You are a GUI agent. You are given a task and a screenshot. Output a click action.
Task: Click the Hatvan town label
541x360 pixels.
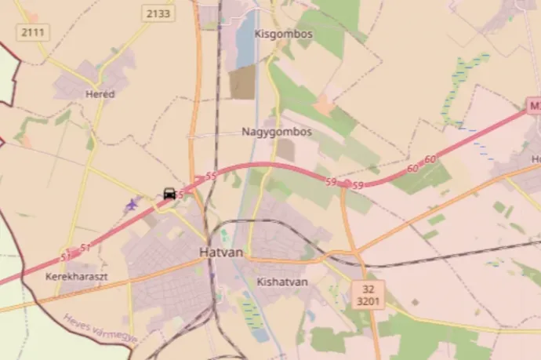[222, 253]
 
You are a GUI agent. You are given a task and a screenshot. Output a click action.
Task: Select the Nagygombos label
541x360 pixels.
[276, 132]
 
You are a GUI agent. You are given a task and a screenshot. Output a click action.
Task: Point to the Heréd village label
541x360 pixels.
[100, 93]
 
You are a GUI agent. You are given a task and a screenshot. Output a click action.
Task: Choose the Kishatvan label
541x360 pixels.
[282, 281]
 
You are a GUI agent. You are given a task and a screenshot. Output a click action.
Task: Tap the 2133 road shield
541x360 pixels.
[159, 13]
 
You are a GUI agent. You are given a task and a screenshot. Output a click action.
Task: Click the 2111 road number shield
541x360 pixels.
[33, 31]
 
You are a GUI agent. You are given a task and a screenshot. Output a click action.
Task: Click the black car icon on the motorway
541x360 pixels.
[169, 193]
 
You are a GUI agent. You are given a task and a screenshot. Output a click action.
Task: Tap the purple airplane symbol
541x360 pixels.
[131, 205]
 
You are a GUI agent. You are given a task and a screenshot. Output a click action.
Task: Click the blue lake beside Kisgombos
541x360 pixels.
[246, 39]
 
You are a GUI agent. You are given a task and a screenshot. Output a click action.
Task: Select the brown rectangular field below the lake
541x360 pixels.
[242, 82]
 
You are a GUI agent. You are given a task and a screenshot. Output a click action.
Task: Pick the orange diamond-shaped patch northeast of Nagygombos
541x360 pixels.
[324, 104]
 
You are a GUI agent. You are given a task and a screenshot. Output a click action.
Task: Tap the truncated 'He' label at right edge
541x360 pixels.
[535, 159]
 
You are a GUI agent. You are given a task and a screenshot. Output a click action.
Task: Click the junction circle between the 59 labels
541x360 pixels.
[347, 184]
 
